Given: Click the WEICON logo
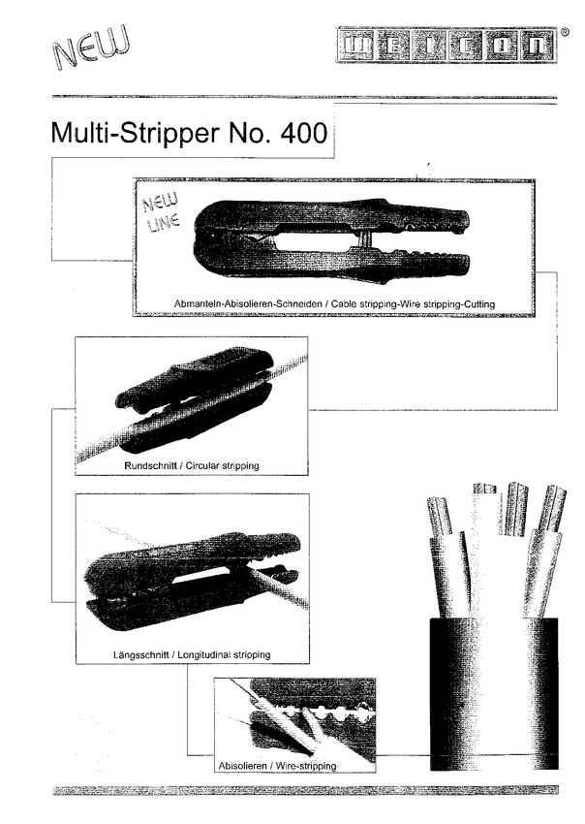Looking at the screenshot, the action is coord(446,46).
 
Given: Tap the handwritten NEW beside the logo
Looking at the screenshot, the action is coord(91,48).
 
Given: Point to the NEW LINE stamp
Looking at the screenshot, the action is coord(162,211).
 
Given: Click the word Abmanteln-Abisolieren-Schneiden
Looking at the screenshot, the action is coord(248,303).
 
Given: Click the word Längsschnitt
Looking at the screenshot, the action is coord(140,654).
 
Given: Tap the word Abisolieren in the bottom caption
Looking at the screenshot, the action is coord(242,766).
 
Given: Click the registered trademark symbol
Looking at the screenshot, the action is coord(565,32).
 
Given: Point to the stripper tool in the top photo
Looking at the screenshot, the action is coord(331,240).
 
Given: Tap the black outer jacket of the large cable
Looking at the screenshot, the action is coord(494,694).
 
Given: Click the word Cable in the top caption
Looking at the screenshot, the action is coord(344,303).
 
